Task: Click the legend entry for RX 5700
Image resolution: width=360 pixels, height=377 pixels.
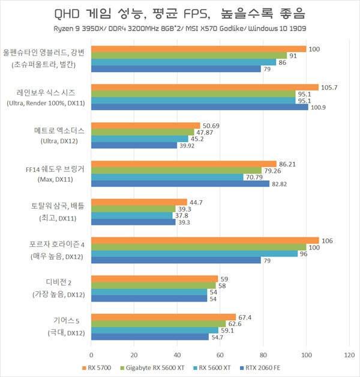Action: click(x=96, y=367)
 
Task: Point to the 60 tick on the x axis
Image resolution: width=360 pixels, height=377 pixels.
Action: click(x=220, y=355)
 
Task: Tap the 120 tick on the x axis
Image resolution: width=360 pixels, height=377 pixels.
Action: click(x=349, y=355)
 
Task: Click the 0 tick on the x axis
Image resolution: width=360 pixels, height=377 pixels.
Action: click(x=91, y=355)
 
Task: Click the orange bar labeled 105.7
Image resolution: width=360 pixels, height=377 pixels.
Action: click(x=205, y=88)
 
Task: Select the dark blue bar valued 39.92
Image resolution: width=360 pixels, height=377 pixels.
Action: click(x=134, y=145)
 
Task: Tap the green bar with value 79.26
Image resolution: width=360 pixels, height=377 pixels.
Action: click(x=176, y=170)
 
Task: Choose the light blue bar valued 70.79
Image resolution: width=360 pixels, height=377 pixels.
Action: click(x=167, y=177)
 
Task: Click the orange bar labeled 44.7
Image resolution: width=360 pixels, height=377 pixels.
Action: click(x=139, y=202)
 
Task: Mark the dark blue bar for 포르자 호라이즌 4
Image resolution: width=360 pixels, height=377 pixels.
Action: click(x=176, y=260)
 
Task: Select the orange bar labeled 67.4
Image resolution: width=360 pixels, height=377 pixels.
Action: click(x=163, y=316)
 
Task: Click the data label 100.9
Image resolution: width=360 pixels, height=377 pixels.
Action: click(x=319, y=107)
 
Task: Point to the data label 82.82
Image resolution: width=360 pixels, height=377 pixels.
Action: click(x=279, y=184)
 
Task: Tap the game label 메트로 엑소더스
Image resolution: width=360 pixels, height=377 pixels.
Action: click(x=60, y=129)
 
